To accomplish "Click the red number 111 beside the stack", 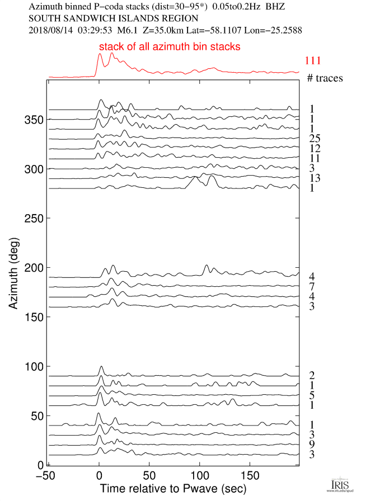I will click(x=313, y=61).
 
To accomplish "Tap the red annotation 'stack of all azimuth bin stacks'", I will click(x=170, y=47).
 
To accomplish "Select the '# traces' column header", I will click(x=325, y=78).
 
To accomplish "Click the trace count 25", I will click(x=313, y=139).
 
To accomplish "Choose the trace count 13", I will click(x=313, y=178).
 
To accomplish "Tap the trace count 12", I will click(x=313, y=148).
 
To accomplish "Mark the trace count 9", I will click(x=311, y=445).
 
